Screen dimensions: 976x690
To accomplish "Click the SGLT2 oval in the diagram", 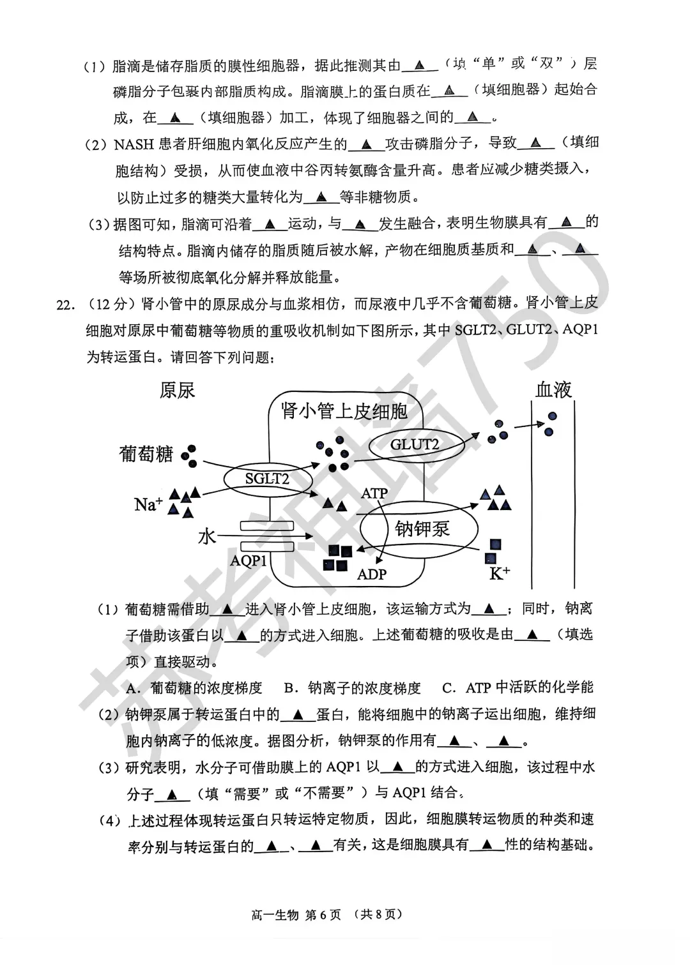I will pyautogui.click(x=267, y=478).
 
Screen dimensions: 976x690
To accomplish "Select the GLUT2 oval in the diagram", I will pyautogui.click(x=415, y=444).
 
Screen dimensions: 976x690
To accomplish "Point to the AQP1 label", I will pyautogui.click(x=248, y=560).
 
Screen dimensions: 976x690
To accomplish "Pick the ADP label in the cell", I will pyautogui.click(x=371, y=574).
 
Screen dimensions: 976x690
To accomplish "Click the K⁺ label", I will pyautogui.click(x=499, y=573).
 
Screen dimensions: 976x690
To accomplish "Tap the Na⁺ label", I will pyautogui.click(x=148, y=504).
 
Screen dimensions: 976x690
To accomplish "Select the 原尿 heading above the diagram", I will pyautogui.click(x=177, y=390).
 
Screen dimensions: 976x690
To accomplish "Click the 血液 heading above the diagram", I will pyautogui.click(x=553, y=389).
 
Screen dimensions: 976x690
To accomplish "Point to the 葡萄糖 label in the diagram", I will pyautogui.click(x=146, y=454).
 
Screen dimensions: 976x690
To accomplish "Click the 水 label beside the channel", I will pyautogui.click(x=207, y=536).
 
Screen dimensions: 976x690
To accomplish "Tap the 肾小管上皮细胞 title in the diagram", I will pyautogui.click(x=344, y=412).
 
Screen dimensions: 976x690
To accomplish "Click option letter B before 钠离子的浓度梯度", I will pyautogui.click(x=289, y=688).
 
